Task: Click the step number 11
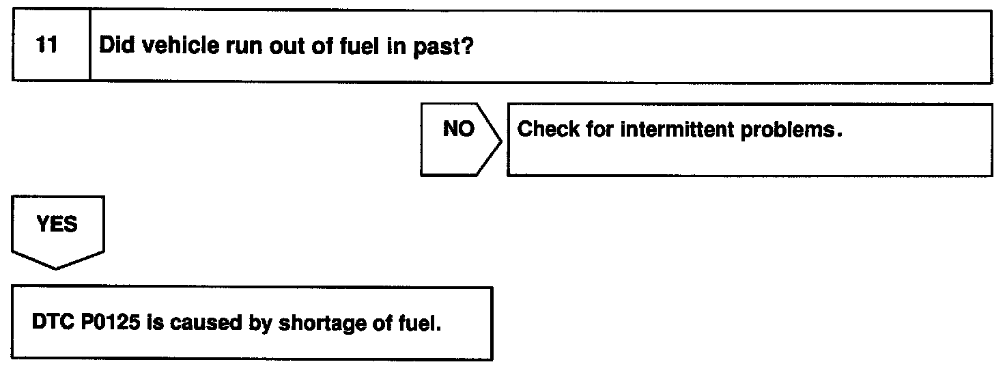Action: point(46,48)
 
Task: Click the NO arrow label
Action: point(458,129)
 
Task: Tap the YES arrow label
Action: point(57,224)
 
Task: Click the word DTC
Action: point(52,323)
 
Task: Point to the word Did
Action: point(116,48)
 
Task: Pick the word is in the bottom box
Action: point(156,323)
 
